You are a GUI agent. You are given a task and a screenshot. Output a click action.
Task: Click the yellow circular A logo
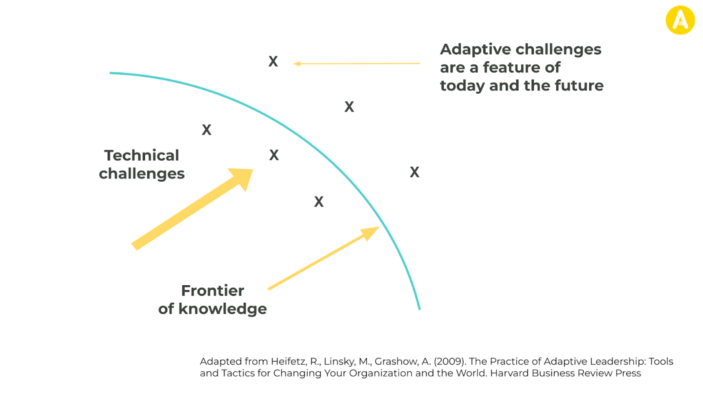pos(680,20)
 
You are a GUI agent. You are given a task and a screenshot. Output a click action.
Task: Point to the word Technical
pos(142,155)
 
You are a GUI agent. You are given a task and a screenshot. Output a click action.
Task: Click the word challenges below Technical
pos(142,174)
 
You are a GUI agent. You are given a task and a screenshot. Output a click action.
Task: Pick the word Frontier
pos(212,291)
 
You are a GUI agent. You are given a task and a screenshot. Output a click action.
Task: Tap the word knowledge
pos(223,309)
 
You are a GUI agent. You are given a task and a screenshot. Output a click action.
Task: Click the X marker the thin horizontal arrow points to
pos(273,61)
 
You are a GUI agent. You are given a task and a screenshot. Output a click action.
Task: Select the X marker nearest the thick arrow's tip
pos(274,155)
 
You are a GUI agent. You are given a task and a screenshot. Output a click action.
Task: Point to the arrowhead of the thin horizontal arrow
pos(297,64)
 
